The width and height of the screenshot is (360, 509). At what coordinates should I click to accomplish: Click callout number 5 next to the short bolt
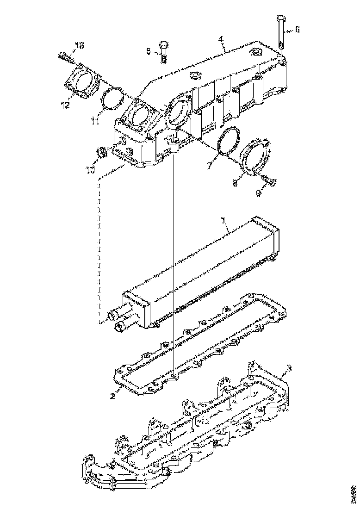tap(149, 51)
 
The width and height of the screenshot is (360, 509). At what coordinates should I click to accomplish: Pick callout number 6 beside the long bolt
tap(297, 29)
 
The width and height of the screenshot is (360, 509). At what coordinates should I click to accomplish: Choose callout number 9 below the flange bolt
tap(259, 193)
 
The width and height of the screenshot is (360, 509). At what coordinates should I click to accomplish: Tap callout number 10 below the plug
tap(90, 170)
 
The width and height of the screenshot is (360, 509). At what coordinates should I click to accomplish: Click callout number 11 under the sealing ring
tap(95, 121)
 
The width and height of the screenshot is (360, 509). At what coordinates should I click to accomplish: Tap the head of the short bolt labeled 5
tap(164, 45)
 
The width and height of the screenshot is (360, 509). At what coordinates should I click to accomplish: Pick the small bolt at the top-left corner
tap(64, 56)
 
